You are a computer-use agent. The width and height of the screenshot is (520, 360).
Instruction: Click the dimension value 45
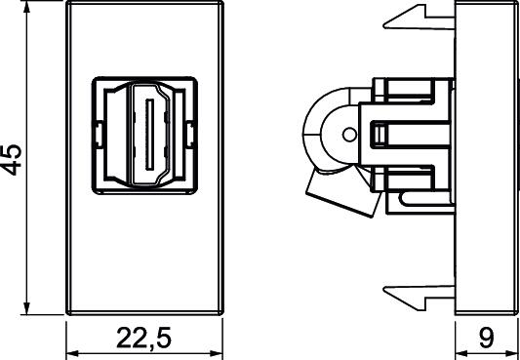pos(12,160)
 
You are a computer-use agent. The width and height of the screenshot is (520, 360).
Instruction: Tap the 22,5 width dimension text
pos(144,339)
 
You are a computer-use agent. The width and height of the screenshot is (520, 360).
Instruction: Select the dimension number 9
pos(487,338)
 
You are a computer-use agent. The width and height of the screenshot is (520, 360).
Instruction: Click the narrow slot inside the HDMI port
pos(149,135)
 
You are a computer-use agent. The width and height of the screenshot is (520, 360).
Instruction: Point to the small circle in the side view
pos(348,135)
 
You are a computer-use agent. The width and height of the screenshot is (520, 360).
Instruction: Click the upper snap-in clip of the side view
pos(420,18)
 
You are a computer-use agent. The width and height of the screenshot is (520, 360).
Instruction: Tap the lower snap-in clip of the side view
pos(420,297)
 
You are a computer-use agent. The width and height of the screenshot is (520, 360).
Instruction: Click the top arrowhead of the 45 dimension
pos(27,8)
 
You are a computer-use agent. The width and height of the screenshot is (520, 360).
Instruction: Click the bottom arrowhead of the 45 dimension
pos(27,307)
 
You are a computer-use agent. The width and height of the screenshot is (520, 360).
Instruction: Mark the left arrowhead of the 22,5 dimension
pos(73,353)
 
